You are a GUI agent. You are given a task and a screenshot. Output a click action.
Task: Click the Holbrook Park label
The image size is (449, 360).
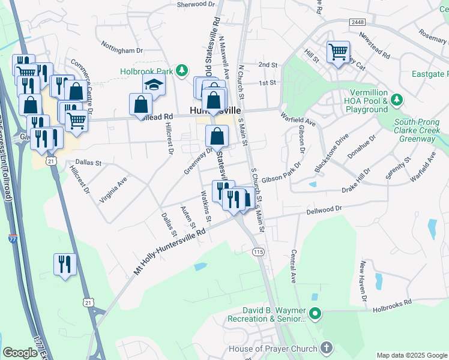tap(146, 71)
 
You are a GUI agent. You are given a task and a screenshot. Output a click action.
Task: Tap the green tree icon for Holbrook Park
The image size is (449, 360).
tap(179, 71)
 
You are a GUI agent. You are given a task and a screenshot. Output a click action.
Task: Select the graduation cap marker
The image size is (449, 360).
tap(154, 86)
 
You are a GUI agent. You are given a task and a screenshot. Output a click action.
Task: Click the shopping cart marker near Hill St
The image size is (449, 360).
tap(339, 52)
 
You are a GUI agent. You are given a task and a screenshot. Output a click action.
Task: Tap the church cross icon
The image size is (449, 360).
tap(326, 348)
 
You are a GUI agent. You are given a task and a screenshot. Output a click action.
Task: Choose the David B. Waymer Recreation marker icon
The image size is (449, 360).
tap(315, 313)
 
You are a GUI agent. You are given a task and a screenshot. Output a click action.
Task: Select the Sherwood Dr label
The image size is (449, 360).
tap(196, 4)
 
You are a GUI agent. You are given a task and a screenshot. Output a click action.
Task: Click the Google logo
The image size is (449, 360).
tap(20, 353)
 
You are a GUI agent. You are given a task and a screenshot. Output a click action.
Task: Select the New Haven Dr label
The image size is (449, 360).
tap(363, 281)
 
